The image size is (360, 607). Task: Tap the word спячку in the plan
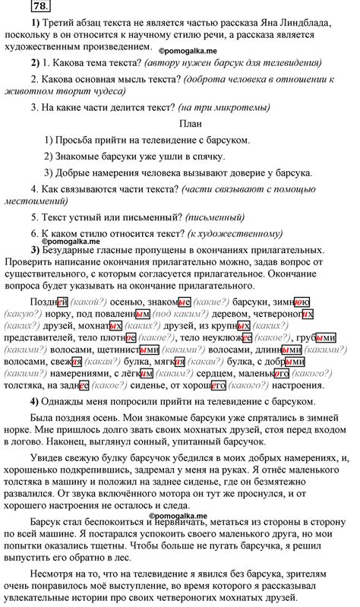click(205, 157)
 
